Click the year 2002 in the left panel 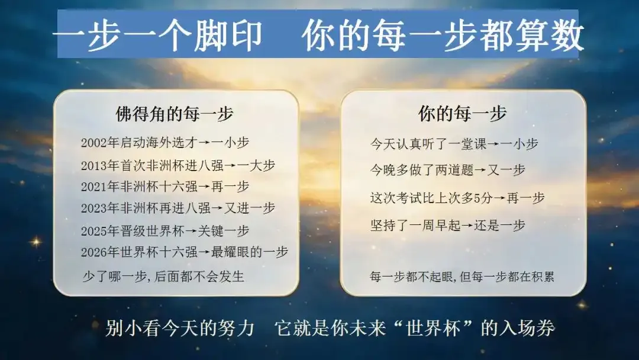pyautogui.click(x=93, y=143)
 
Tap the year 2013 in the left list pyautogui.click(x=93, y=166)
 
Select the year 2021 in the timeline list pyautogui.click(x=93, y=187)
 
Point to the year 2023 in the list pyautogui.click(x=93, y=208)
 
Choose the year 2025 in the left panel pyautogui.click(x=93, y=231)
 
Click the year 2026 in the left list pyautogui.click(x=93, y=252)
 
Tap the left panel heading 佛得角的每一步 pyautogui.click(x=175, y=114)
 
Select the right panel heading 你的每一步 pyautogui.click(x=463, y=113)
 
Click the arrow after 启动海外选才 pyautogui.click(x=205, y=143)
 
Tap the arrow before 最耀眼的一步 pyautogui.click(x=205, y=252)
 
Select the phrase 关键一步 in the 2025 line pyautogui.click(x=223, y=231)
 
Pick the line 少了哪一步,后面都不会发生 pyautogui.click(x=163, y=277)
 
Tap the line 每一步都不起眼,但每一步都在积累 pyautogui.click(x=461, y=277)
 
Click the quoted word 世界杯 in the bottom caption pyautogui.click(x=433, y=328)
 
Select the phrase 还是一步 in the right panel pyautogui.click(x=499, y=226)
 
